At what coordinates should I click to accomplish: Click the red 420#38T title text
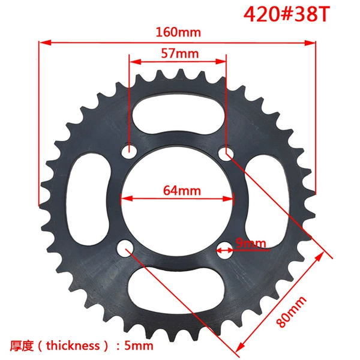click(287, 14)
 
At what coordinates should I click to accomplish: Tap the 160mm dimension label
click(178, 32)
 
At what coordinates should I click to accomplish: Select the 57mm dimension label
click(180, 53)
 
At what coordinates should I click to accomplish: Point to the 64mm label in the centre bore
click(182, 191)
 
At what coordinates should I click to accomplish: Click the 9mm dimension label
click(251, 243)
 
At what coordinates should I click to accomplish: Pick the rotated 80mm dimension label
click(291, 312)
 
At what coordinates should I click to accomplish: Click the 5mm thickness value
click(139, 346)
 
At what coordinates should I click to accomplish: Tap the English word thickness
click(73, 346)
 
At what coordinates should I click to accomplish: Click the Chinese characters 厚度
click(22, 346)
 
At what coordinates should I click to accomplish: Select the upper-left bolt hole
click(129, 151)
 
